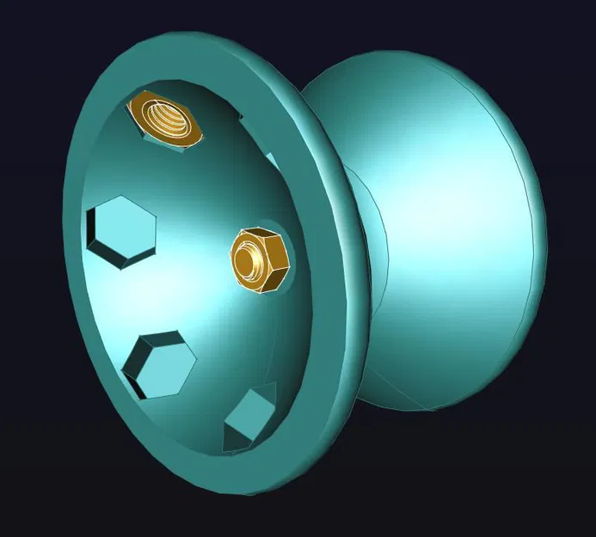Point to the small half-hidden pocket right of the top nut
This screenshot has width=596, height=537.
[x=273, y=160]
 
